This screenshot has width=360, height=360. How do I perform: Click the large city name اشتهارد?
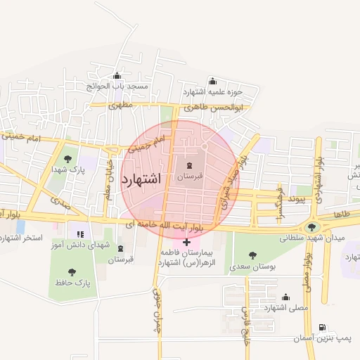[141, 179]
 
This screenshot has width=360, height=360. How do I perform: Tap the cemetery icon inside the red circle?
[188, 166]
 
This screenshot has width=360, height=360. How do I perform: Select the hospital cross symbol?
[186, 243]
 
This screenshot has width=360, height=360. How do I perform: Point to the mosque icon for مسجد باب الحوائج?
[117, 76]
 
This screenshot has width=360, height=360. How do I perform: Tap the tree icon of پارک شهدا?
[67, 159]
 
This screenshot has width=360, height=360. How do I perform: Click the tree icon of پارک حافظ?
[72, 271]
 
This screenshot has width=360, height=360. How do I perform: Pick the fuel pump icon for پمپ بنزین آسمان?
[322, 328]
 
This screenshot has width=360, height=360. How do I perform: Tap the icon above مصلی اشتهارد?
[285, 297]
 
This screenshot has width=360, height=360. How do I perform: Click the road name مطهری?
[120, 105]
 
